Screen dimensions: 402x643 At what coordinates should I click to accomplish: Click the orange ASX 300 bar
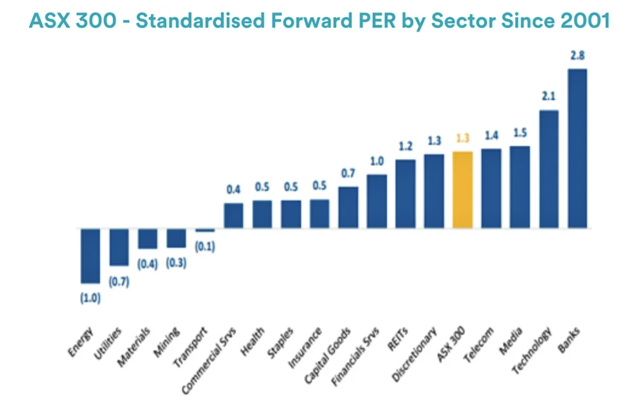pyautogui.click(x=462, y=190)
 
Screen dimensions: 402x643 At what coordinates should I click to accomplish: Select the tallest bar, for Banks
pyautogui.click(x=577, y=148)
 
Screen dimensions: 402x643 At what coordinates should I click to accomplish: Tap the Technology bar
pyautogui.click(x=548, y=169)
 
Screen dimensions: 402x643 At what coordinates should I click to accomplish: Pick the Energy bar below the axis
pyautogui.click(x=90, y=256)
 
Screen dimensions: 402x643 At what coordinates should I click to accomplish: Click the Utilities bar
pyautogui.click(x=119, y=247)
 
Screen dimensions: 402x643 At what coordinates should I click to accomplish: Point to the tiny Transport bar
pyautogui.click(x=205, y=230)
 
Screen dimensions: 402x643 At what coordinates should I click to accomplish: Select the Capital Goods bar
pyautogui.click(x=348, y=208)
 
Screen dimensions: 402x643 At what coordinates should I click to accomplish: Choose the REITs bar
pyautogui.click(x=405, y=194)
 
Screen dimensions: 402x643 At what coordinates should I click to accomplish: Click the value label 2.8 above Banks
pyautogui.click(x=578, y=55)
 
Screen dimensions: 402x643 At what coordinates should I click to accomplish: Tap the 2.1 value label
pyautogui.click(x=548, y=97)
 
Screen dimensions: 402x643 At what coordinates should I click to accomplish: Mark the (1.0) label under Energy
pyautogui.click(x=90, y=299)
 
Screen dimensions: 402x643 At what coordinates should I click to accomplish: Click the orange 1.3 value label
pyautogui.click(x=462, y=139)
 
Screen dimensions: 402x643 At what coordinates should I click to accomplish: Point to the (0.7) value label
pyautogui.click(x=119, y=282)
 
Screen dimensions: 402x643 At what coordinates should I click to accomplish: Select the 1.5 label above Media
pyautogui.click(x=520, y=133)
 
